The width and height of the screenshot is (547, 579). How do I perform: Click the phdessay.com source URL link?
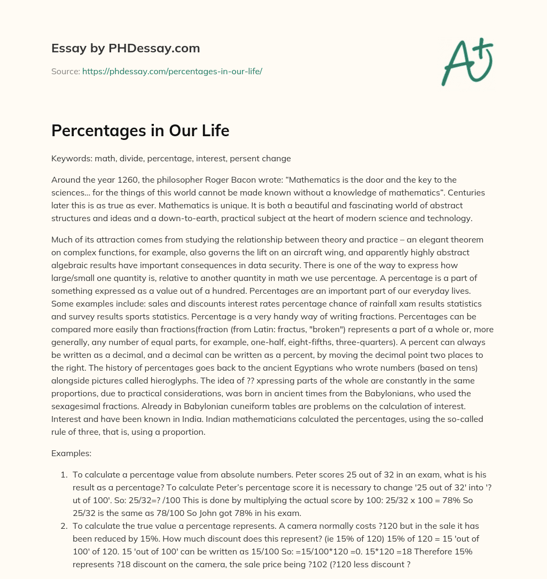[x=171, y=71]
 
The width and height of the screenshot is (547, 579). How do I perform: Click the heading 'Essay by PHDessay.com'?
[x=126, y=48]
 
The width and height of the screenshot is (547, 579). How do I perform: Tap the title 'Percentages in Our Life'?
[x=140, y=130]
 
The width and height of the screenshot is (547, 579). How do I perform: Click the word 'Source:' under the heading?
[x=65, y=71]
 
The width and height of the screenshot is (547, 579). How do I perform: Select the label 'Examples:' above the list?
[x=71, y=453]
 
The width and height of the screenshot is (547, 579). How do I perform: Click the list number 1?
[x=62, y=474]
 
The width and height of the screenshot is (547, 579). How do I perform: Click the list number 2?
[x=62, y=526]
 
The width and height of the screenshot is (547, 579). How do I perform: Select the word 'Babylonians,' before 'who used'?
[x=372, y=380]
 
